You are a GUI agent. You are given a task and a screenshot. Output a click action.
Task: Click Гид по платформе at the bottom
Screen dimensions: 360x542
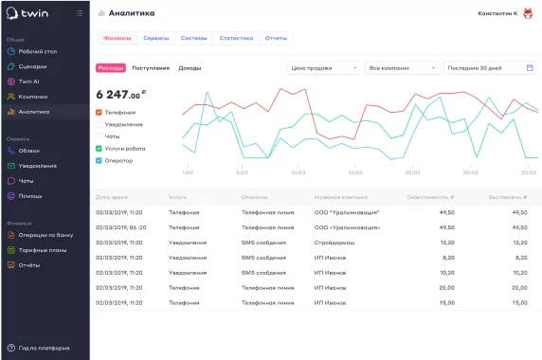44,348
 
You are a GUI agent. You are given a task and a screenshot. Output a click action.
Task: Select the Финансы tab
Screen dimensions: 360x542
117,38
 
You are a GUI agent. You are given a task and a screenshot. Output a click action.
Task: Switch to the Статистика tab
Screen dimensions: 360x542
236,38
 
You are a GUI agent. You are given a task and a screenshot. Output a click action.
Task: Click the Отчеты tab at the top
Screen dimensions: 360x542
277,38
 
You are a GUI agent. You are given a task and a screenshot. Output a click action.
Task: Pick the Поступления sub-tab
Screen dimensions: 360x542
151,68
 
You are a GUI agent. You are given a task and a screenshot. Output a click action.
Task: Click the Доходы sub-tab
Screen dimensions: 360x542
190,68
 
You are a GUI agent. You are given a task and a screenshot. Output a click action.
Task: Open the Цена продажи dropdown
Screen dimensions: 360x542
324,68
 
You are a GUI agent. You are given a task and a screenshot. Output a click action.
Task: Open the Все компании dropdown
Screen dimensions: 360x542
401,68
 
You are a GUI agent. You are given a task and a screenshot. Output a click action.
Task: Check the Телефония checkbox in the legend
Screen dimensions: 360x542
99,113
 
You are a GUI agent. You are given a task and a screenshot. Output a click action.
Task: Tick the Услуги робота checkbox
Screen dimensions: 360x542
99,149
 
